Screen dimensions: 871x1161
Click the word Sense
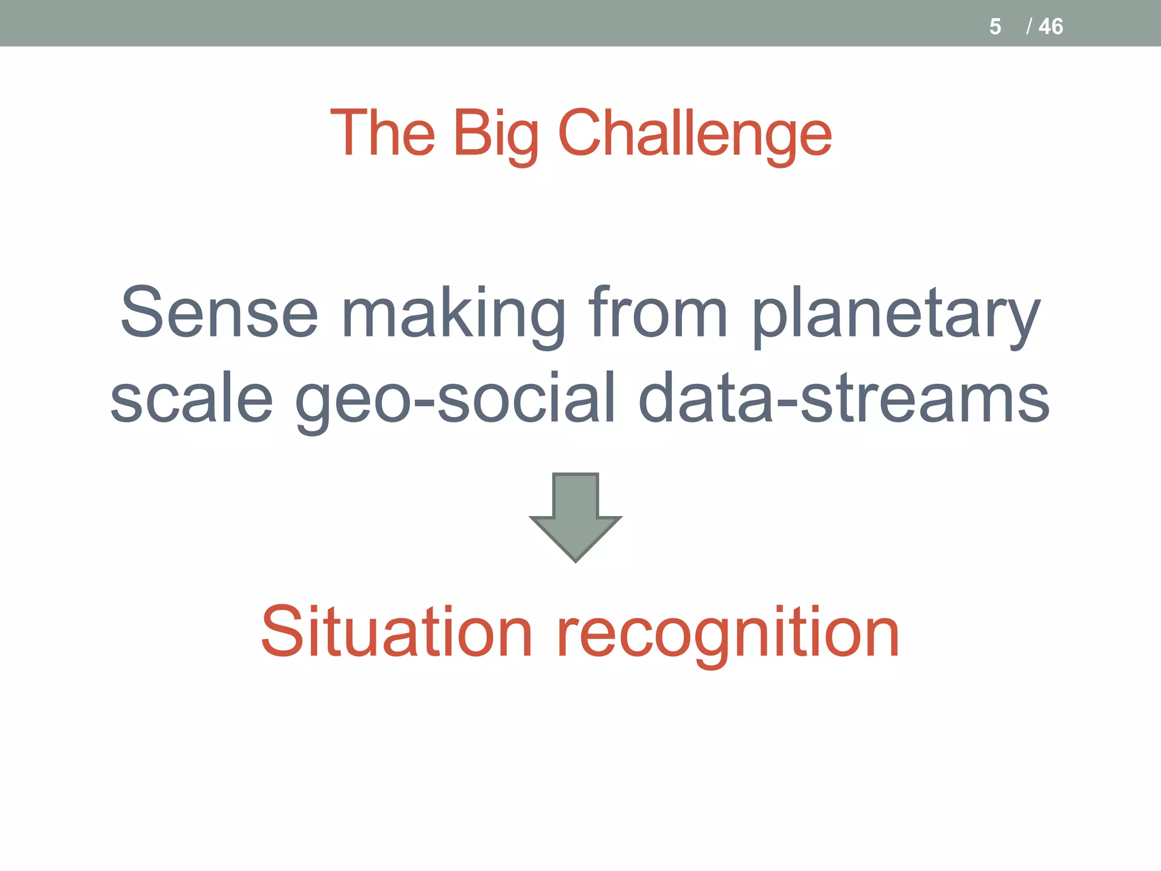[219, 312]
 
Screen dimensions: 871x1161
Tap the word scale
[192, 398]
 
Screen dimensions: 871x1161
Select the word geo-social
[455, 399]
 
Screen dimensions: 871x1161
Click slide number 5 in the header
[995, 27]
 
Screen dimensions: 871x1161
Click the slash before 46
[1028, 27]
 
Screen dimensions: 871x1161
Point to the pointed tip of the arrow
[575, 560]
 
